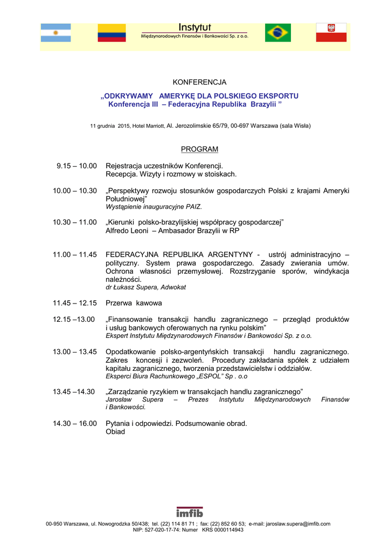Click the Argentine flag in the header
56,33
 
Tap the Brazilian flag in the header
278,33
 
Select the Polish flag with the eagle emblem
331,33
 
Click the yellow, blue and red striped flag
112,33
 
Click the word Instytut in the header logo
194,27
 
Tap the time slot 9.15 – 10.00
76,166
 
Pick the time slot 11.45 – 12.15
75,303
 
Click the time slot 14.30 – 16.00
75,423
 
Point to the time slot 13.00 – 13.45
75,352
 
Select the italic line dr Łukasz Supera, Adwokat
145,287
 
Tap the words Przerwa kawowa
134,303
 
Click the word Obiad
115,431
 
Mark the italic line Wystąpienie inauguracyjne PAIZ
154,206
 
